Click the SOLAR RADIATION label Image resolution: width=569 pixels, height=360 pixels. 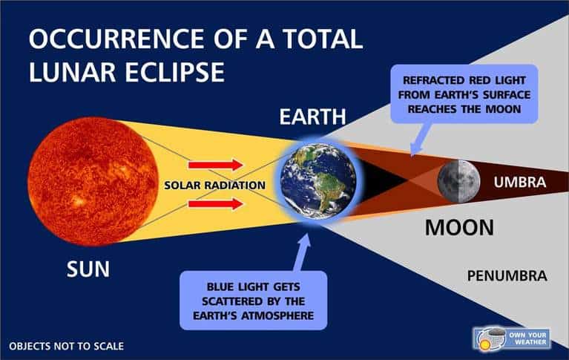pyautogui.click(x=215, y=184)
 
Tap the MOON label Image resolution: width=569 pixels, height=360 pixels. pyautogui.click(x=459, y=227)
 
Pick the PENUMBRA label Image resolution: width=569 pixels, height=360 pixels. pyautogui.click(x=507, y=276)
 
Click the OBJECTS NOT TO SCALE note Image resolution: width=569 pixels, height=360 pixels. pyautogui.click(x=66, y=346)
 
